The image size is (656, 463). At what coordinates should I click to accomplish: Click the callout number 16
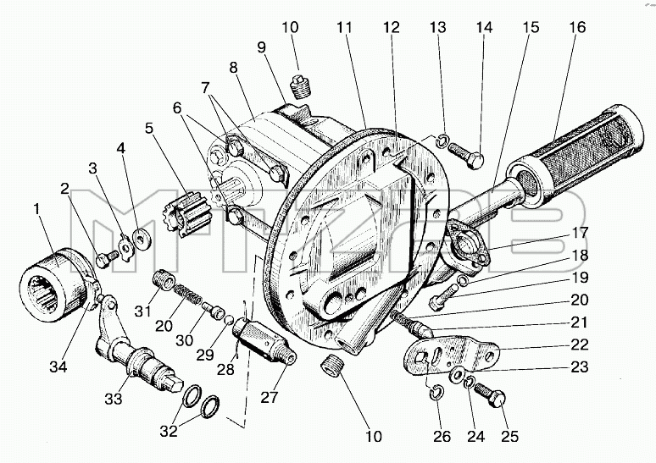[577, 28]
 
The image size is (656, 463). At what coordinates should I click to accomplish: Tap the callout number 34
[58, 367]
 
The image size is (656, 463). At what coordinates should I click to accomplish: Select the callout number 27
[270, 397]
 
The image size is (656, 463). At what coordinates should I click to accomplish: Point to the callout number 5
[149, 128]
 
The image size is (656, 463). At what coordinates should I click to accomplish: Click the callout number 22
[580, 344]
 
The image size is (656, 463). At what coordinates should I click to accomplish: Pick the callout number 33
[114, 399]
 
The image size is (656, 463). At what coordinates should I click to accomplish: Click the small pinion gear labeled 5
[186, 214]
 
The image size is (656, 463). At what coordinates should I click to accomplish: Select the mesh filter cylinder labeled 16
[575, 156]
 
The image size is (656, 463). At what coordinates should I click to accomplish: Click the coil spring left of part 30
[187, 293]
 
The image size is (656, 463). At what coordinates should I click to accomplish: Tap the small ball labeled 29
[228, 321]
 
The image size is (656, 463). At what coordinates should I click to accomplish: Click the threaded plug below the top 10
[298, 86]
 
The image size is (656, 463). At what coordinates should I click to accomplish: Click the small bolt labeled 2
[107, 258]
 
